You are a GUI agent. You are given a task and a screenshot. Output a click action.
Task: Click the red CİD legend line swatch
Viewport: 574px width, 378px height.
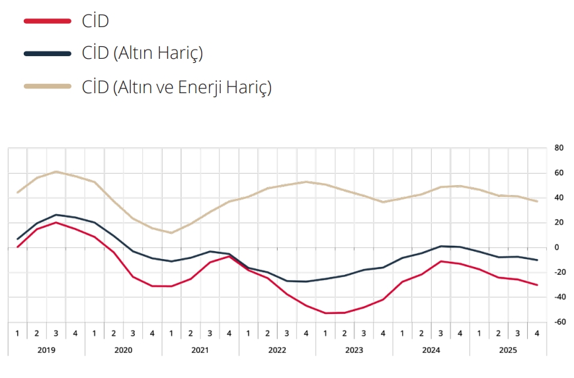tap(47, 21)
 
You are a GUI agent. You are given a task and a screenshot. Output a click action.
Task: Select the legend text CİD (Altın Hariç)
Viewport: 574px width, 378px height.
tap(142, 54)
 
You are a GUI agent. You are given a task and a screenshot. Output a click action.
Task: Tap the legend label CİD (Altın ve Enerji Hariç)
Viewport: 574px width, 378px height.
tap(177, 87)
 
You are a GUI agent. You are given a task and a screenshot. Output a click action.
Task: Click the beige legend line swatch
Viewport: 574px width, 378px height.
tap(47, 86)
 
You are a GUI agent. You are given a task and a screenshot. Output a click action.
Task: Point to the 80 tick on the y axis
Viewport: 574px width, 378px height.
tap(559, 148)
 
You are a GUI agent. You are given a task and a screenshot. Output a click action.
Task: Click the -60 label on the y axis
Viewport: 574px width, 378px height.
tap(558, 322)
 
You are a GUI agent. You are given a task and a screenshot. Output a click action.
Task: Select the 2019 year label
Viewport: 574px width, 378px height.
tap(46, 349)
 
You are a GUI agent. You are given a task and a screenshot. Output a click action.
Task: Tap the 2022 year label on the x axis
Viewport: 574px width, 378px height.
tap(278, 349)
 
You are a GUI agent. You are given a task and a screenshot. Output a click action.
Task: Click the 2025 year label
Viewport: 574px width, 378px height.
tap(509, 349)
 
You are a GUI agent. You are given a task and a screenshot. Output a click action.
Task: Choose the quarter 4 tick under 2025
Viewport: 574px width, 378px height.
tap(537, 332)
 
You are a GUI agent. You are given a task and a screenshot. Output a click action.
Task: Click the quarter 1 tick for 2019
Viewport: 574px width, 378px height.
tap(17, 332)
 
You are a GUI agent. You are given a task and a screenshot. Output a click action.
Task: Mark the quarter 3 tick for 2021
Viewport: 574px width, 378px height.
tap(210, 332)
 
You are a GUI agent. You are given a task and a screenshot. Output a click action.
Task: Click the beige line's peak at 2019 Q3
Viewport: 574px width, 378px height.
tap(56, 172)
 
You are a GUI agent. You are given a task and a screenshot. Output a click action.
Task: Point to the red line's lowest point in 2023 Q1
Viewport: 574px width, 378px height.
tap(325, 313)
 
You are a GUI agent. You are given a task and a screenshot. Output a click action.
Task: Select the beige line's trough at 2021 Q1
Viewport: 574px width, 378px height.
tap(171, 233)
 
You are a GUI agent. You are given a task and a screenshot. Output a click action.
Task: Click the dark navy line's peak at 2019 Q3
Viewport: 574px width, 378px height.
tap(56, 215)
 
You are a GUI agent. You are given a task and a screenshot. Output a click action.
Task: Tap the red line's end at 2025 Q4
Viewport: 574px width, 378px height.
tap(537, 285)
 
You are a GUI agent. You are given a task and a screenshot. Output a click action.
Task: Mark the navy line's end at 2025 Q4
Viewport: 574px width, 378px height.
tap(537, 260)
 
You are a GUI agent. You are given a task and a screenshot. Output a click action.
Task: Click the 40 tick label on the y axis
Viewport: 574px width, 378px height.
tap(558, 198)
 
